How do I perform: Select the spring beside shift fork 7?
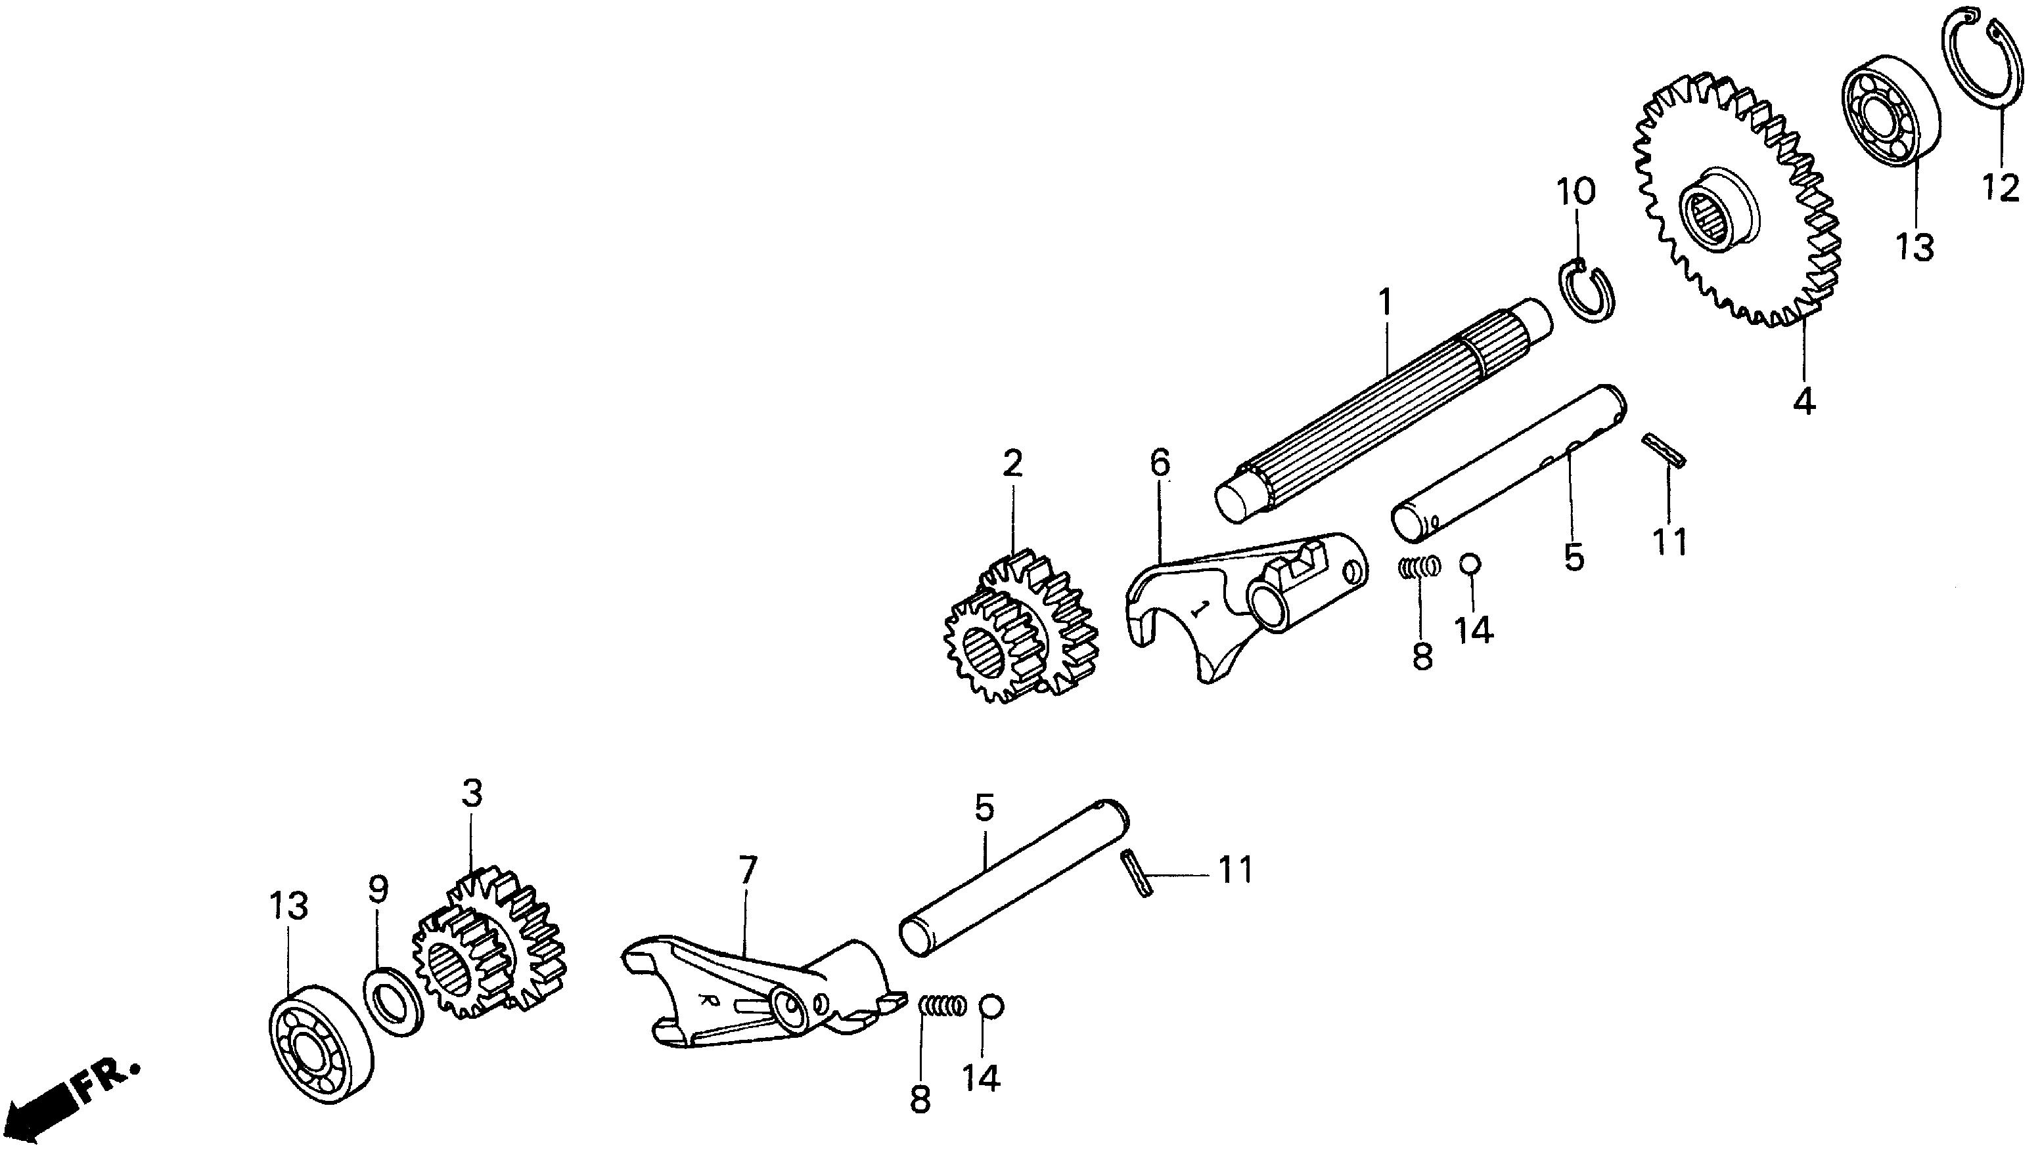click(942, 1006)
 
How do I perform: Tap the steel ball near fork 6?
click(1469, 564)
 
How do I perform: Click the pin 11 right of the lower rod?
click(1137, 873)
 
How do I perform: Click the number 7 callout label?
click(748, 871)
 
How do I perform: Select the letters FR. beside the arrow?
click(106, 1081)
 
